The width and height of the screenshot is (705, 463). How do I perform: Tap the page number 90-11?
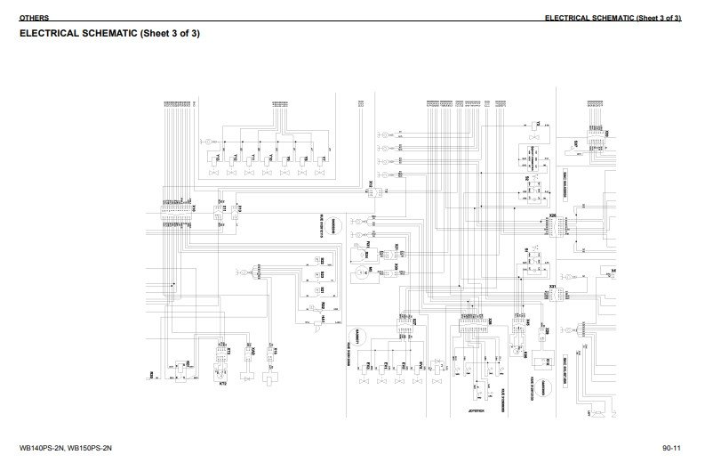tap(671, 447)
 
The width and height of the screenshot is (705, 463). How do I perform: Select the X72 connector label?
tap(228, 353)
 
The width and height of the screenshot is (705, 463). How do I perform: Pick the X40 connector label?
tap(254, 353)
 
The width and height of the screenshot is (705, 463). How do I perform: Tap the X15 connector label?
tap(276, 353)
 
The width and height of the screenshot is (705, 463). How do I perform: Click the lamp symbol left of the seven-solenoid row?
tap(204, 142)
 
